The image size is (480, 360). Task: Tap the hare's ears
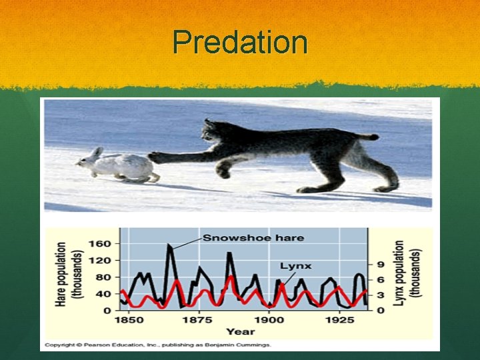click(97, 153)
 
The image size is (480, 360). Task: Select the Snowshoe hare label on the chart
click(253, 238)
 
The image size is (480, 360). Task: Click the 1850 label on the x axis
click(129, 320)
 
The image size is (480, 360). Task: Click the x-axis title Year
click(239, 331)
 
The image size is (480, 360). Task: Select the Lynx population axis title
click(407, 274)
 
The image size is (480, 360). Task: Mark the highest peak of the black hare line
click(169, 245)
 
